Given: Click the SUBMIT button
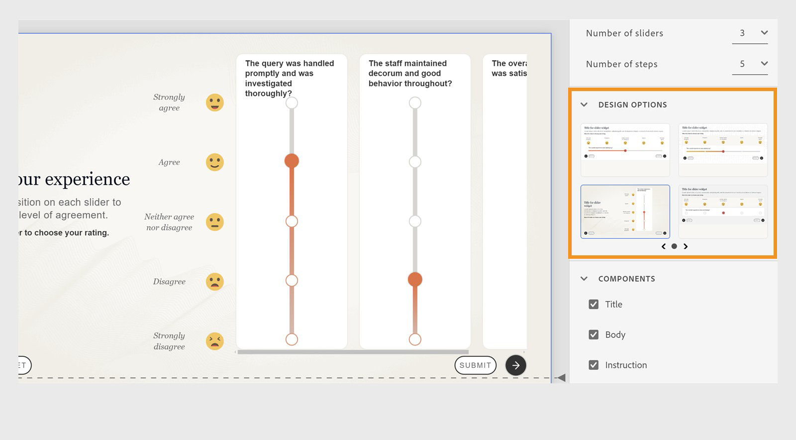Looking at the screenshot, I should pyautogui.click(x=475, y=365).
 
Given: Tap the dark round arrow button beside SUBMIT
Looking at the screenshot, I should pyautogui.click(x=516, y=365).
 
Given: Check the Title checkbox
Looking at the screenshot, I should pyautogui.click(x=594, y=304).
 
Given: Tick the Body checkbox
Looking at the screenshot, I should pyautogui.click(x=594, y=334).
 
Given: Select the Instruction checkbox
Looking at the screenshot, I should pyautogui.click(x=594, y=365).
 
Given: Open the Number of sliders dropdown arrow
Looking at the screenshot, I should pyautogui.click(x=764, y=33).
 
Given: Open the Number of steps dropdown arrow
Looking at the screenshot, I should pyautogui.click(x=764, y=64).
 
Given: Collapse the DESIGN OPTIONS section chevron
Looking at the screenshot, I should pyautogui.click(x=584, y=105).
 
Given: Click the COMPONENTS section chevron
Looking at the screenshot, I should pyautogui.click(x=584, y=279).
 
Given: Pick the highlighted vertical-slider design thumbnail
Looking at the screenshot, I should pyautogui.click(x=625, y=212).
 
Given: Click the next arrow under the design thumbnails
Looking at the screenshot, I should pyautogui.click(x=686, y=246).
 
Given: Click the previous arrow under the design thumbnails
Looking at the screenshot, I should pyautogui.click(x=663, y=246).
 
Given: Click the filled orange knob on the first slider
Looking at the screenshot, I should pyautogui.click(x=292, y=161).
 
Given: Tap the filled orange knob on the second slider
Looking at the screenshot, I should pyautogui.click(x=415, y=280).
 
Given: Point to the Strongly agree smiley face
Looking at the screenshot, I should pyautogui.click(x=215, y=103).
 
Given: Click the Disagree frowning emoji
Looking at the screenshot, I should pyautogui.click(x=215, y=282).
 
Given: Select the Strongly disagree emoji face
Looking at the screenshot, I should pyautogui.click(x=215, y=341).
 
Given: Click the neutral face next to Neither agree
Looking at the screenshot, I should pyautogui.click(x=215, y=222).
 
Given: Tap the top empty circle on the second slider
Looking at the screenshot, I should pyautogui.click(x=415, y=103).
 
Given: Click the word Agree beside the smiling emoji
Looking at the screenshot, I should pyautogui.click(x=169, y=162).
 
